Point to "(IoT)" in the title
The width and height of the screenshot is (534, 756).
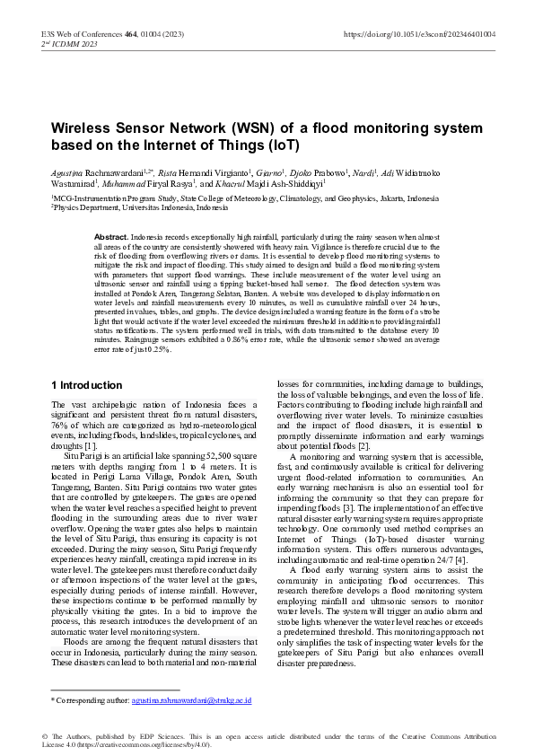(x=283, y=145)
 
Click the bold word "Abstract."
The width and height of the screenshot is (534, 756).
(x=111, y=235)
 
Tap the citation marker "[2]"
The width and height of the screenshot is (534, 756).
(x=364, y=446)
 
